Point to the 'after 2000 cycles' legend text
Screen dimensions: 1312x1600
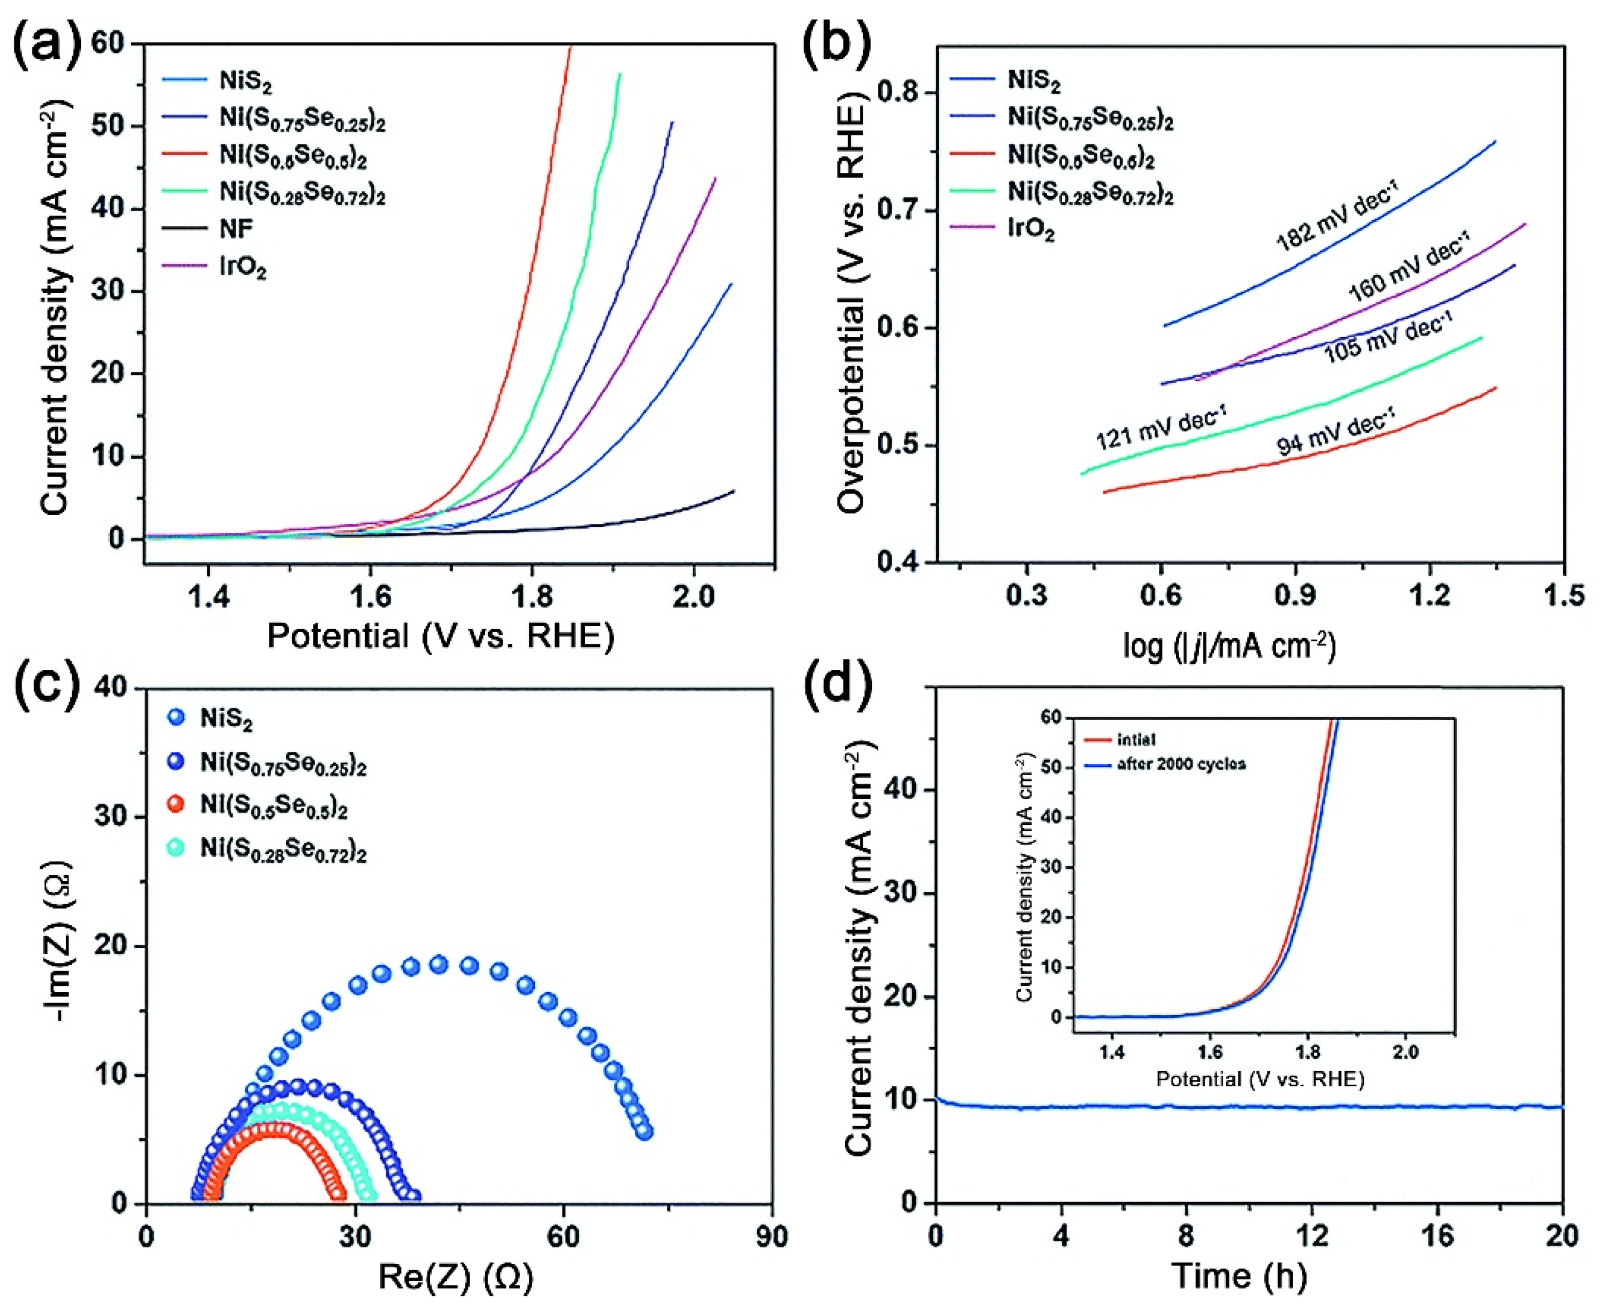pyautogui.click(x=1180, y=764)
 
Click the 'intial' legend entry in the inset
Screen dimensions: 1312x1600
pyautogui.click(x=1136, y=740)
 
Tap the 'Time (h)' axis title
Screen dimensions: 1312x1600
pyautogui.click(x=1239, y=1276)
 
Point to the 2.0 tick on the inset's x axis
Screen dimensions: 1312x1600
pyautogui.click(x=1405, y=1052)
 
